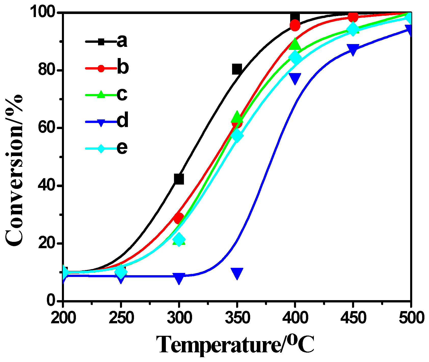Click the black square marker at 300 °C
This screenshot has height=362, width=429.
pyautogui.click(x=179, y=179)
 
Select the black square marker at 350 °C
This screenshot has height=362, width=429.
pyautogui.click(x=237, y=69)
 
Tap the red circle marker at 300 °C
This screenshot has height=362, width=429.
pyautogui.click(x=179, y=218)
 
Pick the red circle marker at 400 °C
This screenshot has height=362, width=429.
pyautogui.click(x=295, y=25)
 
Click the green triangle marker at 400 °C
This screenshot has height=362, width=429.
pyautogui.click(x=295, y=45)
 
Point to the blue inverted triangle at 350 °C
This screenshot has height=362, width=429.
pyautogui.click(x=237, y=273)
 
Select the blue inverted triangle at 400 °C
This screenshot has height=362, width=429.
pyautogui.click(x=295, y=78)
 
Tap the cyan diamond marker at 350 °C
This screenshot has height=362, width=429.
pyautogui.click(x=237, y=135)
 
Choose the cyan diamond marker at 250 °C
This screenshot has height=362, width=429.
pyautogui.click(x=121, y=272)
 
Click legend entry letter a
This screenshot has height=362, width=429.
pyautogui.click(x=122, y=41)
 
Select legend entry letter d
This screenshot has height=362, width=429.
pyautogui.click(x=123, y=121)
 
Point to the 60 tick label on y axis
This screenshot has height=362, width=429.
pyautogui.click(x=47, y=128)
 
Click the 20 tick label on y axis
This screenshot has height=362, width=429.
pyautogui.click(x=47, y=243)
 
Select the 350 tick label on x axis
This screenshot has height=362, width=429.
pyautogui.click(x=237, y=318)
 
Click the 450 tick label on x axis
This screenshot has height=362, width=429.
pyautogui.click(x=353, y=318)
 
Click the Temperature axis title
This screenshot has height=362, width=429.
pyautogui.click(x=236, y=345)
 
